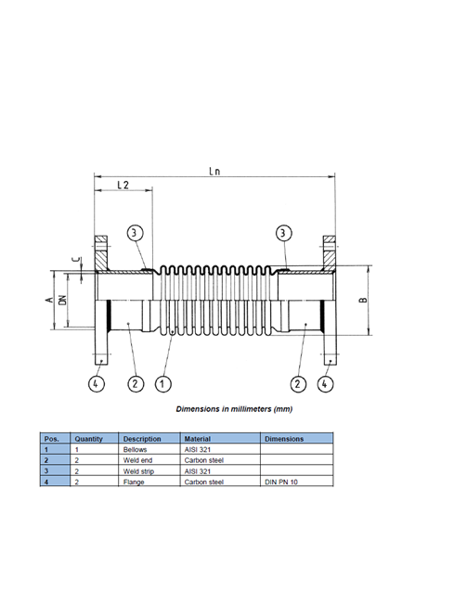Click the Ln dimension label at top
click(x=214, y=171)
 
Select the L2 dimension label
click(x=123, y=185)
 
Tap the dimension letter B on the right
click(x=363, y=300)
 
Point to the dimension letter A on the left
click(x=49, y=300)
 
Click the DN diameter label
click(x=62, y=300)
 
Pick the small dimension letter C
click(x=77, y=260)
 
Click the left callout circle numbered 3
click(x=135, y=233)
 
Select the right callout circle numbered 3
click(x=284, y=233)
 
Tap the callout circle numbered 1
click(x=162, y=384)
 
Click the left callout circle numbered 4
click(x=97, y=384)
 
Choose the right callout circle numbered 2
click(x=298, y=384)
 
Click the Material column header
click(x=197, y=439)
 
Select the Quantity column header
click(x=89, y=439)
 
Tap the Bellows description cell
click(x=136, y=449)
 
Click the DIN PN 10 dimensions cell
click(x=281, y=482)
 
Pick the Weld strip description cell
click(x=138, y=471)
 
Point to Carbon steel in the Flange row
click(x=204, y=482)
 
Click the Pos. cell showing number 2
click(x=46, y=460)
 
